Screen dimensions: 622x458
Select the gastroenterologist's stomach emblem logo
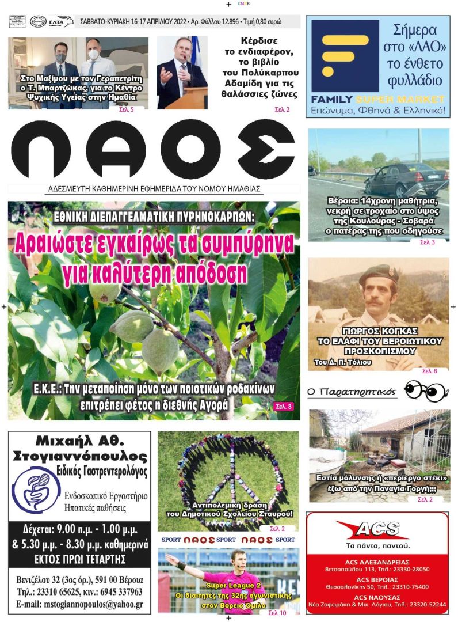36,491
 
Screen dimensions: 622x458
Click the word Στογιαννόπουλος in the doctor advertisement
79,457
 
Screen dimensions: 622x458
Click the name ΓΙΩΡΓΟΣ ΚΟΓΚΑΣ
378,332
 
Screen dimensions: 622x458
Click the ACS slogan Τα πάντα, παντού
377,545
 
